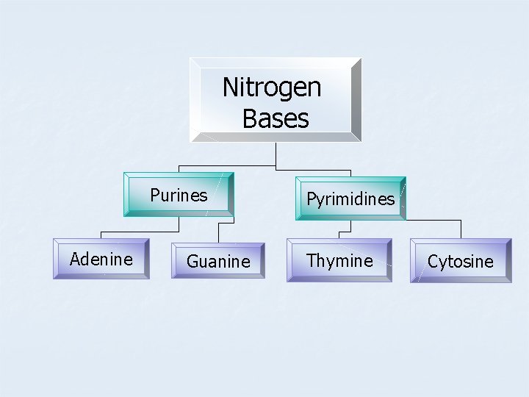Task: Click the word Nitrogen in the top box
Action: [x=272, y=88]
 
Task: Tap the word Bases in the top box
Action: [x=275, y=118]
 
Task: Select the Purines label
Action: [x=179, y=196]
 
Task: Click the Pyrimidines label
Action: [x=350, y=199]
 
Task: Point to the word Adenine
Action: [x=101, y=260]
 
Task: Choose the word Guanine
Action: [x=218, y=262]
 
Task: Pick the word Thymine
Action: [x=339, y=261]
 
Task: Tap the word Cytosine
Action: [x=460, y=262]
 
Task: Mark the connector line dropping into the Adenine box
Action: [x=101, y=229]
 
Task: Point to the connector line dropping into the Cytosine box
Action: [x=461, y=229]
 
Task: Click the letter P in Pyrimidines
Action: [x=311, y=199]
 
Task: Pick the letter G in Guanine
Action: [x=192, y=262]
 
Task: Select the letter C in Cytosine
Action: [x=433, y=262]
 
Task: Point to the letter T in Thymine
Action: [x=312, y=260]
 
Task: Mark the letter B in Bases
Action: [x=249, y=118]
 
